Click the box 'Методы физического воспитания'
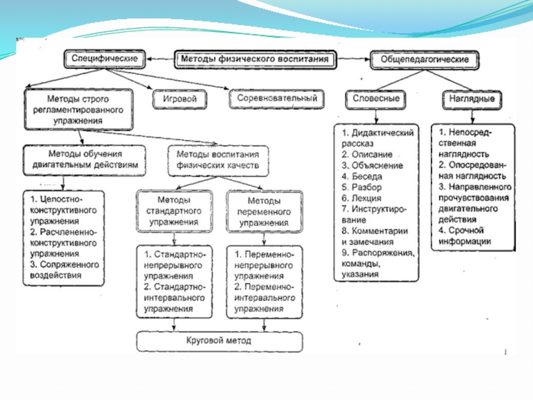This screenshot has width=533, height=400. pos(254,59)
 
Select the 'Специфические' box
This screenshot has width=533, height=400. pos(105,59)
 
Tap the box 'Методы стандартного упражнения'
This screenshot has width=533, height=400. pos(175,211)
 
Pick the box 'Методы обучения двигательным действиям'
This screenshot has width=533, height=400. pos(83,159)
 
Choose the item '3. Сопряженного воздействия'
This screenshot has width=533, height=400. pos(64,270)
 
